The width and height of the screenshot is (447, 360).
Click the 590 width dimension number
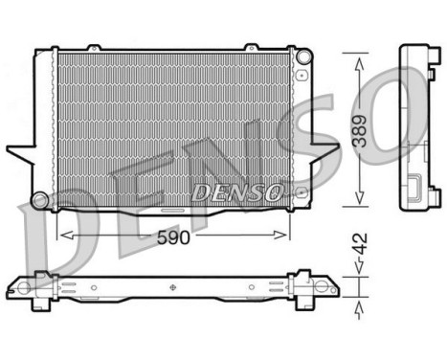coord(173,238)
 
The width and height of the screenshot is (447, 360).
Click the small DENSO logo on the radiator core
coord(236,192)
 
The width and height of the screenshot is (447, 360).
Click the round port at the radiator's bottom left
coord(39,199)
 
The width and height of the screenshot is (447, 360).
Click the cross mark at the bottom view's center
coord(172,285)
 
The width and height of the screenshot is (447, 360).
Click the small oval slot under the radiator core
coord(172,209)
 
